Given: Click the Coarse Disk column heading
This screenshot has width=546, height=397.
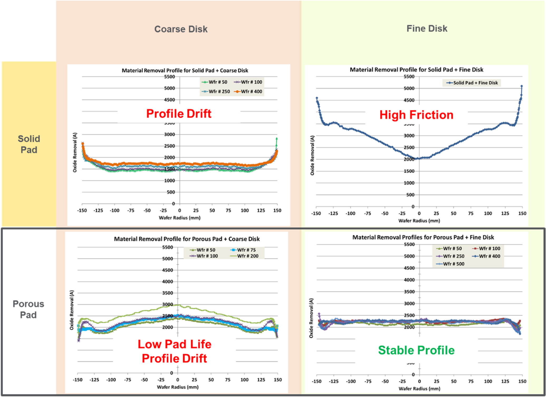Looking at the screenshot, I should (181, 29).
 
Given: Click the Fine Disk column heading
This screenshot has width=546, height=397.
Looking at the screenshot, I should (427, 28).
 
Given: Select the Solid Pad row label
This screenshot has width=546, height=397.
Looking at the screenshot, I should (29, 144).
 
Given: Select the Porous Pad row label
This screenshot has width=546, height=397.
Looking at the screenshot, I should (28, 309).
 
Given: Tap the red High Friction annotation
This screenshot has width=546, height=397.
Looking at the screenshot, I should (416, 115).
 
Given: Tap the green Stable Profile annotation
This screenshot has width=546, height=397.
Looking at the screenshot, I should (416, 350).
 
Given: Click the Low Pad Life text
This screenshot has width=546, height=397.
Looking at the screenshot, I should (174, 344).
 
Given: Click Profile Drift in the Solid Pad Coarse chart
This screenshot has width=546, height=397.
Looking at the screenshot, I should (179, 114).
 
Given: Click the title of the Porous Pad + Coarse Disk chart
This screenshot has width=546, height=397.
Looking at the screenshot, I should (186, 239).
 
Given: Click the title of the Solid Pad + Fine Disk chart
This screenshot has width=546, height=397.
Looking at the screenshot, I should (416, 70).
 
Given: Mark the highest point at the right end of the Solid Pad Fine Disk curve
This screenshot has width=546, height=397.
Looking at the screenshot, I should (521, 86).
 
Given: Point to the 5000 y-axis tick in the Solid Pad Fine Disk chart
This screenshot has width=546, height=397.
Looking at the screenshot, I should (409, 88).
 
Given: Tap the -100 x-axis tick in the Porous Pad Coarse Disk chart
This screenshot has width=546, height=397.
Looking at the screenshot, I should (111, 380).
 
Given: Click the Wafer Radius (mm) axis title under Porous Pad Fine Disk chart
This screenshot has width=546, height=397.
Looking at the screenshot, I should (419, 389).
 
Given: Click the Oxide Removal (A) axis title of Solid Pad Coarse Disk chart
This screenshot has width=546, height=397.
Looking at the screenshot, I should (75, 152).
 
